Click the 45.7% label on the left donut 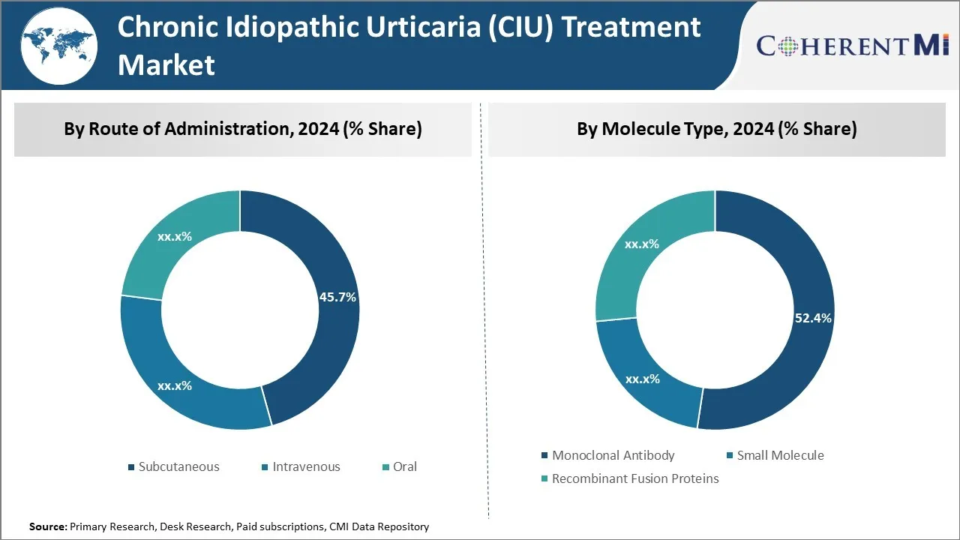(x=337, y=297)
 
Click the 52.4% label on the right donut (x=813, y=318)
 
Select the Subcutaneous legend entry (x=178, y=466)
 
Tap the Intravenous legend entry (x=305, y=466)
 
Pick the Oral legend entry (x=404, y=466)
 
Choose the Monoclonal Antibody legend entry (x=613, y=455)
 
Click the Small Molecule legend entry (x=780, y=455)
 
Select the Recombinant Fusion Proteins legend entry (x=634, y=478)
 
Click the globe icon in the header (x=58, y=44)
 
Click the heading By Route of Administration (x=242, y=129)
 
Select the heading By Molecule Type (x=716, y=129)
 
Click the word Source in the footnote (x=47, y=527)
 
